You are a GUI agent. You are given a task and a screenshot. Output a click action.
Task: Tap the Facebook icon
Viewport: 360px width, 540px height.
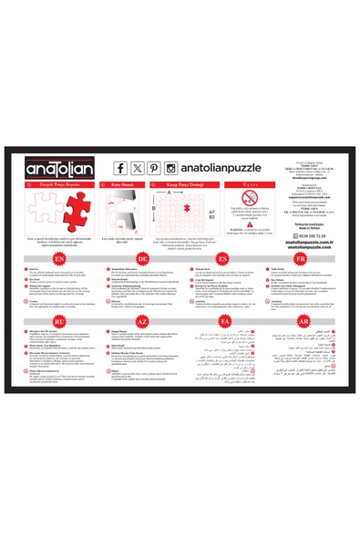[x=120, y=168]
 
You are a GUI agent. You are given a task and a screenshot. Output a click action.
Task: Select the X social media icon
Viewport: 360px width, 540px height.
[x=137, y=168]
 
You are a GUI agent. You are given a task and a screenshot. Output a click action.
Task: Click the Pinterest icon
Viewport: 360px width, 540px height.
[x=153, y=168]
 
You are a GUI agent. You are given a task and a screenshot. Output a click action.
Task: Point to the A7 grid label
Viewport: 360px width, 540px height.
[x=211, y=211]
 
